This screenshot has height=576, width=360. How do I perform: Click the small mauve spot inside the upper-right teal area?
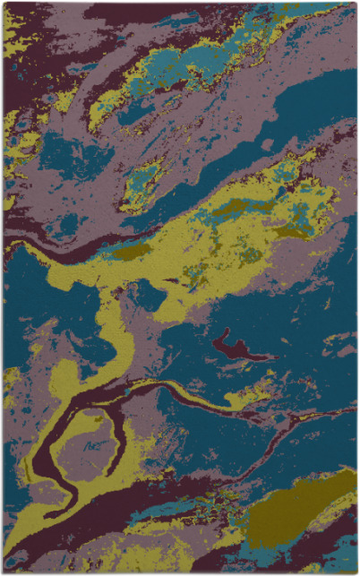tap(268, 143)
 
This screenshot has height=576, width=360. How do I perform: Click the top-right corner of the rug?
tap(356, 4)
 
